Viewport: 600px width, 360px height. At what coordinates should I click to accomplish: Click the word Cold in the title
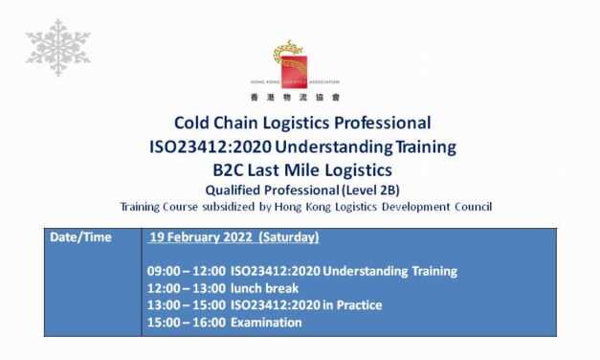pos(193,124)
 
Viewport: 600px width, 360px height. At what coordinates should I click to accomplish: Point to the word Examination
pos(266,323)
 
